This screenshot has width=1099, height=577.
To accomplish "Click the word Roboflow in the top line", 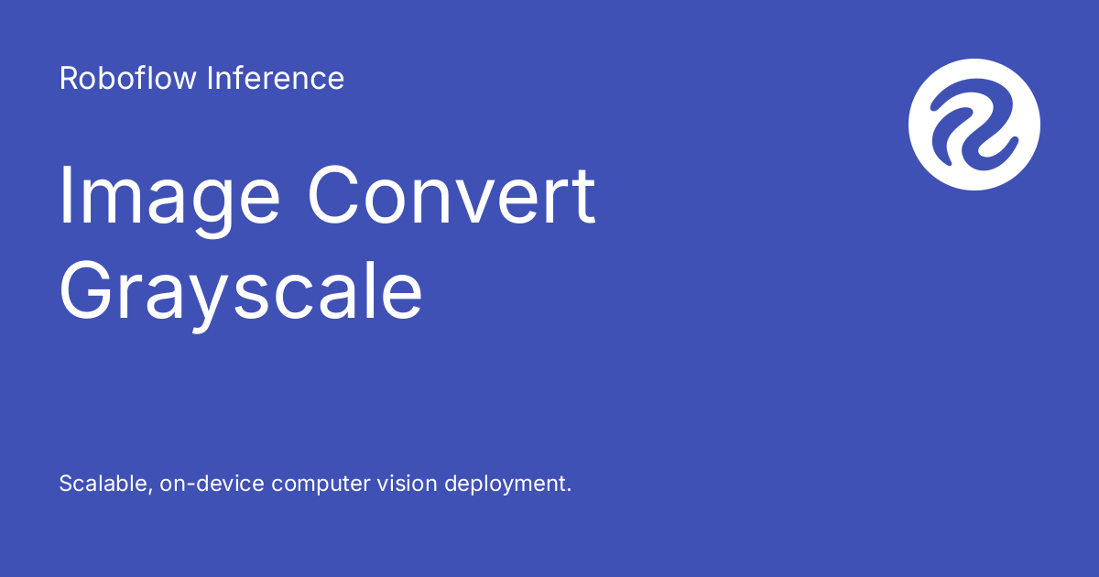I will pyautogui.click(x=128, y=79).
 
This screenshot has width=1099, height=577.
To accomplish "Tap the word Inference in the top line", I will pyautogui.click(x=276, y=79).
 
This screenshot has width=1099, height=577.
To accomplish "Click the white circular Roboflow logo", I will pyautogui.click(x=974, y=125).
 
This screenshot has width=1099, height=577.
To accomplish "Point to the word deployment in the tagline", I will pyautogui.click(x=506, y=484).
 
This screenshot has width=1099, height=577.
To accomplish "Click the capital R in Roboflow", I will pyautogui.click(x=68, y=79).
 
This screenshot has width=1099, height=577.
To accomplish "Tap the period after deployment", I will pyautogui.click(x=568, y=490).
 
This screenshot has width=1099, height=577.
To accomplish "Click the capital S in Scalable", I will pyautogui.click(x=66, y=484).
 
